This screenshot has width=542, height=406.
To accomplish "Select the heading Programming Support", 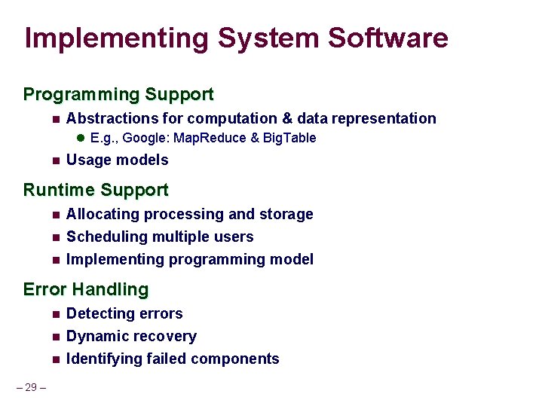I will coord(118,95).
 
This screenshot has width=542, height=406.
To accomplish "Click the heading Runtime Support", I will coord(96,190).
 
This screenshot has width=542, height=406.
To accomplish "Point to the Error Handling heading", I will coord(86,289).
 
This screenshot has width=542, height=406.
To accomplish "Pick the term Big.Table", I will coord(289,138).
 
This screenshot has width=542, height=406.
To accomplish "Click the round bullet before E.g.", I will coord(81,138).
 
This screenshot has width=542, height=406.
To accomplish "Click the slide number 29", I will coord(31,388).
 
